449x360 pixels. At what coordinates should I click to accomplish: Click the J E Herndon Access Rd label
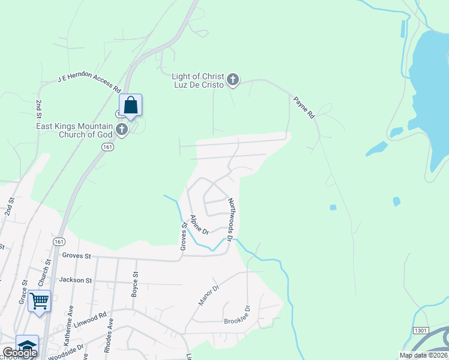(x=89, y=83)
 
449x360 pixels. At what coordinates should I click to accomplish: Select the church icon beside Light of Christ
(x=233, y=79)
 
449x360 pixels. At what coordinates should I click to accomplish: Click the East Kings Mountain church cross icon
(x=122, y=130)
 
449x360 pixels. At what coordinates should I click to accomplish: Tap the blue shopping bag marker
(x=130, y=106)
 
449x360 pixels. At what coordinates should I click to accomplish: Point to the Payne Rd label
(x=304, y=107)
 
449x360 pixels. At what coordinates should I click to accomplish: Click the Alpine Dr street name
(x=199, y=225)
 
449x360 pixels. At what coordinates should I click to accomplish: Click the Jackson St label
(x=76, y=280)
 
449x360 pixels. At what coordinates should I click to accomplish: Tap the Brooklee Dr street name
(x=237, y=319)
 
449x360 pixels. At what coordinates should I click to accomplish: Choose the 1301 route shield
(x=421, y=331)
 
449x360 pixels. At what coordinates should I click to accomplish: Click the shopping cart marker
(x=39, y=301)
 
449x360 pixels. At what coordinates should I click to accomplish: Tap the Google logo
(x=19, y=353)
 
